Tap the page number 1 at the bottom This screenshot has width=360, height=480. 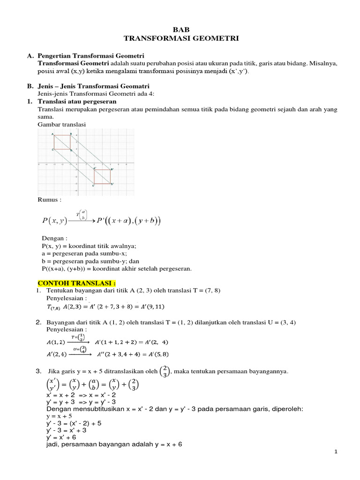click(336, 451)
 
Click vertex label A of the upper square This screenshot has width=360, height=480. click(52, 134)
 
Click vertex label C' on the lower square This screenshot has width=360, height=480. click(93, 186)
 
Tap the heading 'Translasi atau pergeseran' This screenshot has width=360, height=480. click(77, 101)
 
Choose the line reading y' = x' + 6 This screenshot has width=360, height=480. click(56, 437)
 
